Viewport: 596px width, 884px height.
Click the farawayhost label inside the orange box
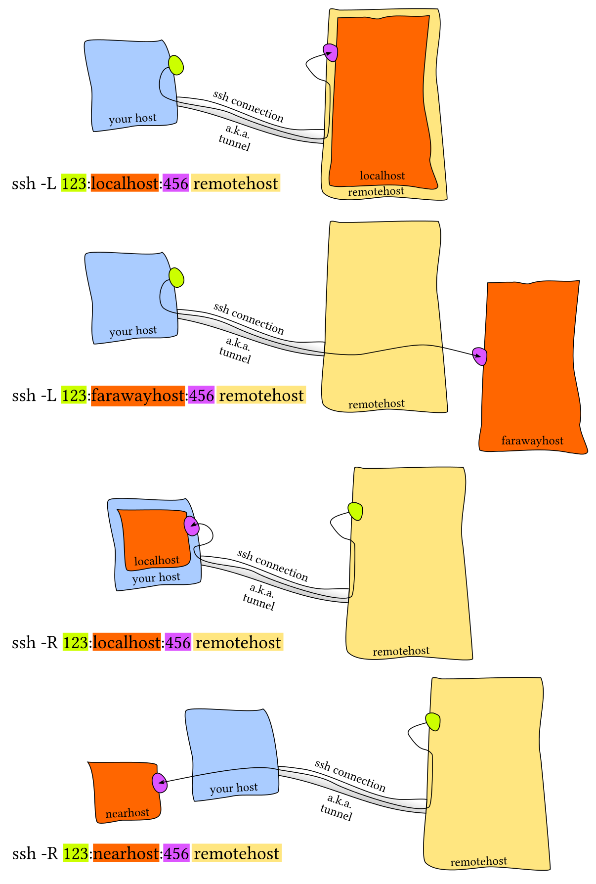point(532,441)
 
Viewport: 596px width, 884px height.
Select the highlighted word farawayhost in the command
point(138,396)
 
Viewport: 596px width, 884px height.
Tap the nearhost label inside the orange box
point(127,813)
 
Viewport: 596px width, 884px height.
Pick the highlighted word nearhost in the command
point(126,854)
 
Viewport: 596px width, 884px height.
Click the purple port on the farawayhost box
point(480,356)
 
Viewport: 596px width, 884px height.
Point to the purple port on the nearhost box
point(159,783)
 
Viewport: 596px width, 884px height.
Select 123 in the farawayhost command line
point(74,396)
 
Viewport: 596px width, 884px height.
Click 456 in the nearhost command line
point(176,854)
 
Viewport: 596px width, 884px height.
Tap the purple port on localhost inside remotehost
point(331,52)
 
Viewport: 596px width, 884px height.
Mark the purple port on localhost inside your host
point(191,526)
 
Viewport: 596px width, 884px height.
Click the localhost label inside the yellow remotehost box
point(383,176)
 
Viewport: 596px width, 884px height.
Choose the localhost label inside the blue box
point(157,561)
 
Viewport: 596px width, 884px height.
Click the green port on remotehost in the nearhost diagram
point(433,722)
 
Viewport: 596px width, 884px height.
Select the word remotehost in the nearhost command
point(237,854)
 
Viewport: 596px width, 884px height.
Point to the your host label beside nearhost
point(234,788)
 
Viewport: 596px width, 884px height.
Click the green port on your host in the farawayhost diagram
point(176,278)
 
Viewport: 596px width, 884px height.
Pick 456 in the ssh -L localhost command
point(176,184)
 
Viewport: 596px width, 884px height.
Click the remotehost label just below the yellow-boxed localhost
point(376,192)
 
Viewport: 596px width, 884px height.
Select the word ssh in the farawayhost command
point(24,396)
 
